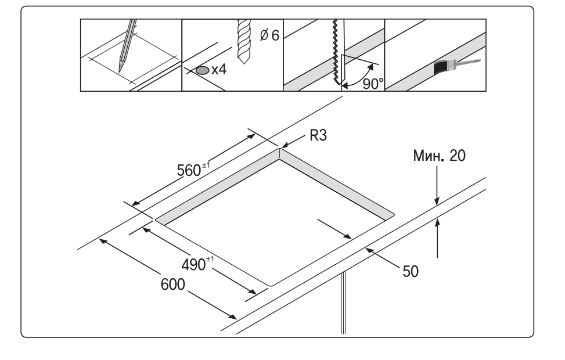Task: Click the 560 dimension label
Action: [x=193, y=170]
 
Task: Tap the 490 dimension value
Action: [x=197, y=264]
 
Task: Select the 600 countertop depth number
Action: [x=172, y=285]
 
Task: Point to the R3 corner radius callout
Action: [x=318, y=135]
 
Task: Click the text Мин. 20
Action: [x=439, y=155]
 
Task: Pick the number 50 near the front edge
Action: [x=411, y=271]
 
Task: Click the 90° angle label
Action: [x=373, y=84]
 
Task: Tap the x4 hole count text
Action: [x=219, y=69]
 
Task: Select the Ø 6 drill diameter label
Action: [x=269, y=35]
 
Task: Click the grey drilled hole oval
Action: [x=203, y=70]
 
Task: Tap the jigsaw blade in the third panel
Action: [x=337, y=52]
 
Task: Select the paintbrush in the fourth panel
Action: [x=457, y=66]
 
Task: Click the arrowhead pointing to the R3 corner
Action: [x=285, y=145]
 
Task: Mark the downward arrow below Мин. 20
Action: [x=437, y=185]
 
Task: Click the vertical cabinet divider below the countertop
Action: [x=343, y=303]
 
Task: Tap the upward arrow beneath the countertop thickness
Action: [x=437, y=238]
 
